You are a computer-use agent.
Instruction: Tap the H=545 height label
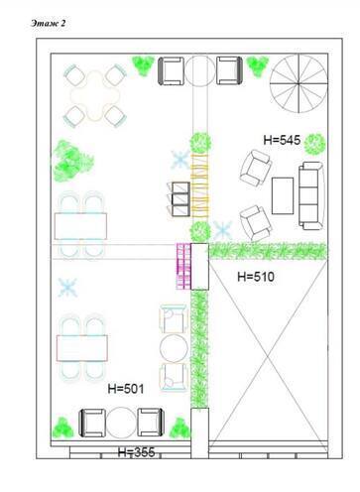(283, 139)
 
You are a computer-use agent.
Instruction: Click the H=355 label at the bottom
(138, 452)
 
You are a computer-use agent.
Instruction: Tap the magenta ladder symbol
(181, 265)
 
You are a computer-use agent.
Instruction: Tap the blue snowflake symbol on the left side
(67, 289)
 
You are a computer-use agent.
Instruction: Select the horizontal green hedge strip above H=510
(268, 250)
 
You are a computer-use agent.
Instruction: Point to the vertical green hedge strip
(201, 347)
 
